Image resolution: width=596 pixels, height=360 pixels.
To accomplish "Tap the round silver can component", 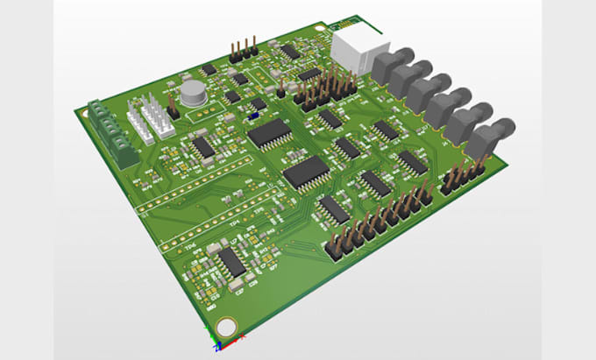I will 191,92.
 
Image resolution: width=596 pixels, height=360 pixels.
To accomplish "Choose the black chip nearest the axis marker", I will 231,261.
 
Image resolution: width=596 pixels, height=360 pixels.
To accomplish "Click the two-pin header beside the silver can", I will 173,108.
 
